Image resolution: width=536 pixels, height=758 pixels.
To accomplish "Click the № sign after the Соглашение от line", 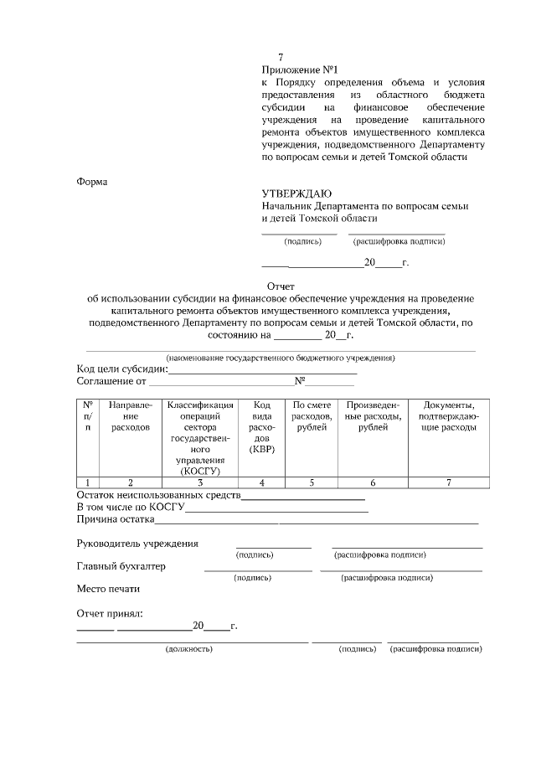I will (299, 381).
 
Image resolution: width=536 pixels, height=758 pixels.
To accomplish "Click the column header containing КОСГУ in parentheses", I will (199, 438).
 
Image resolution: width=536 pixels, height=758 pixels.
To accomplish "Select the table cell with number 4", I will (262, 482).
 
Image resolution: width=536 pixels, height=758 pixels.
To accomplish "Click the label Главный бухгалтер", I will (121, 566).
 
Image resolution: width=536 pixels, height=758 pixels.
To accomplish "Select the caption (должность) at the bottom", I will (188, 649).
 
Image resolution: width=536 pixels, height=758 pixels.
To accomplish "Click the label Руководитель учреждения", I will (137, 544).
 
